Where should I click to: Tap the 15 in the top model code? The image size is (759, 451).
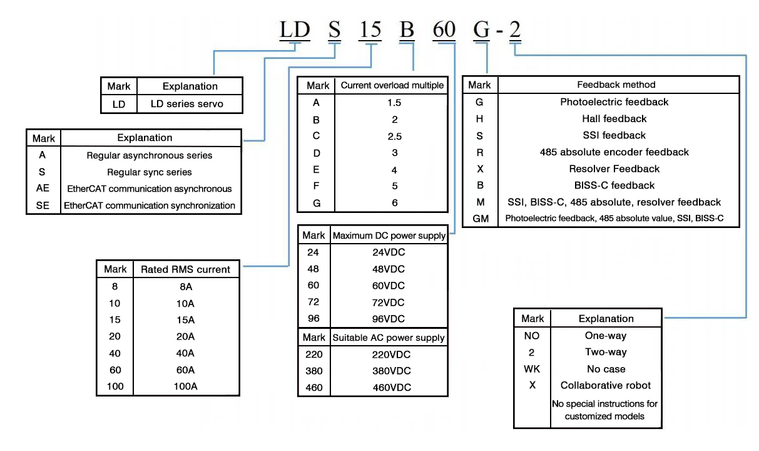[370, 29]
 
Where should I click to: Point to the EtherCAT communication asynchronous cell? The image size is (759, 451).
[150, 189]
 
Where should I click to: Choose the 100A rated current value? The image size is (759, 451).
[185, 386]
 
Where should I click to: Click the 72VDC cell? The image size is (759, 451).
[389, 302]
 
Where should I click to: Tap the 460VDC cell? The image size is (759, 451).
[392, 387]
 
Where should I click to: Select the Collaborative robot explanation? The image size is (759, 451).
[605, 385]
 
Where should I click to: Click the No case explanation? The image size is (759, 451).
[606, 369]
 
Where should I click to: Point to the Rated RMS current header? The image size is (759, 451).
[185, 269]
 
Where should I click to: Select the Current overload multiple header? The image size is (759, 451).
[392, 85]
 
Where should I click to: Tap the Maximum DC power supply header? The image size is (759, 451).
[389, 236]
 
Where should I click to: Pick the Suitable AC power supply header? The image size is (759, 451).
[389, 338]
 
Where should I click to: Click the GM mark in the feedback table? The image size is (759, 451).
[481, 219]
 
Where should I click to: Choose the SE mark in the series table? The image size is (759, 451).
[43, 205]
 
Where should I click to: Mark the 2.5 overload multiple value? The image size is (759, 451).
[394, 136]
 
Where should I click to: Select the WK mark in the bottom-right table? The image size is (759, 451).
[532, 369]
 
